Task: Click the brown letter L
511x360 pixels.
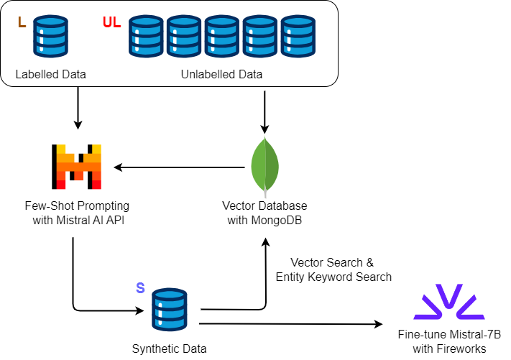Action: click(x=22, y=23)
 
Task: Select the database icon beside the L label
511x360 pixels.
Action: click(x=50, y=36)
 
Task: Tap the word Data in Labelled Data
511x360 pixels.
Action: click(x=73, y=75)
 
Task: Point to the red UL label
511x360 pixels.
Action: click(x=111, y=23)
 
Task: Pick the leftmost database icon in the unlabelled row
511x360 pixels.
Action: click(x=146, y=36)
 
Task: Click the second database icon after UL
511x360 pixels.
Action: click(x=184, y=36)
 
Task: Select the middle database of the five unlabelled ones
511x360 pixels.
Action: click(x=222, y=36)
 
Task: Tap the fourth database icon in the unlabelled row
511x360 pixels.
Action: click(x=260, y=36)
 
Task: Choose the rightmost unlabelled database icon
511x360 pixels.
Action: click(x=298, y=36)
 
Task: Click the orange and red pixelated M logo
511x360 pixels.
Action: click(x=79, y=167)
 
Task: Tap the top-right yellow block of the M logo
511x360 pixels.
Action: click(x=96, y=149)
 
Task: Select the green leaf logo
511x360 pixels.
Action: click(x=264, y=164)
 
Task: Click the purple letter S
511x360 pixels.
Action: click(x=140, y=288)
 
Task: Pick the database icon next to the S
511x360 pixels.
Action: click(x=170, y=310)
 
